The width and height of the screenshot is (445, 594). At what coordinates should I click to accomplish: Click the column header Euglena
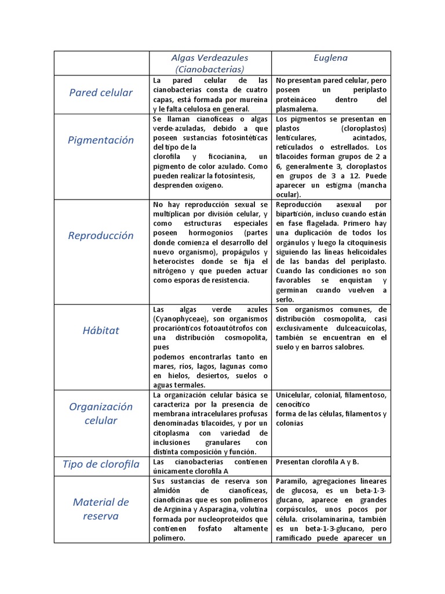coord(331,58)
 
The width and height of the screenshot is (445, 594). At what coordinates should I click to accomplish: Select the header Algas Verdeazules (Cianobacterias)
coord(210,63)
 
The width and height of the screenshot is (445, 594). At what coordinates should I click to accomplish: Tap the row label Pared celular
coord(101,93)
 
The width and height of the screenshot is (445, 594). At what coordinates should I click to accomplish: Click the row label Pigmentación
coord(101,140)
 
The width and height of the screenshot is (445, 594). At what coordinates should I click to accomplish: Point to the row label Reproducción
coord(101,236)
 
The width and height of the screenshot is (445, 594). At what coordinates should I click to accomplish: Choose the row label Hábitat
coord(101,330)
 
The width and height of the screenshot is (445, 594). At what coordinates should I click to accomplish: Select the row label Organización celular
coord(101,414)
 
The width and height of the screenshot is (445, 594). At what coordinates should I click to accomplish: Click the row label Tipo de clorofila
coord(101,464)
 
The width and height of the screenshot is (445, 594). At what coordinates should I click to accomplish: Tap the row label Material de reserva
coord(101,509)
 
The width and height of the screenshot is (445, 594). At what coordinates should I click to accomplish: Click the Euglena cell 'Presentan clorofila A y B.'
coord(318,462)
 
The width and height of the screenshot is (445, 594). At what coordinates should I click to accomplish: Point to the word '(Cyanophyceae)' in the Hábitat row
coord(176,319)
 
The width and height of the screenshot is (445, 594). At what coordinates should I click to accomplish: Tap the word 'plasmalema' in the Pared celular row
coord(297,109)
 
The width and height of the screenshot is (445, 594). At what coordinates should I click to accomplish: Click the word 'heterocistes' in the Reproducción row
coord(172,261)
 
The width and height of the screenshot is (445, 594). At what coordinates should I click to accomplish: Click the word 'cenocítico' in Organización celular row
coord(293,404)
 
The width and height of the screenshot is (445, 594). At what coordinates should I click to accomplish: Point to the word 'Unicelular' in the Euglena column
coord(294,395)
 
